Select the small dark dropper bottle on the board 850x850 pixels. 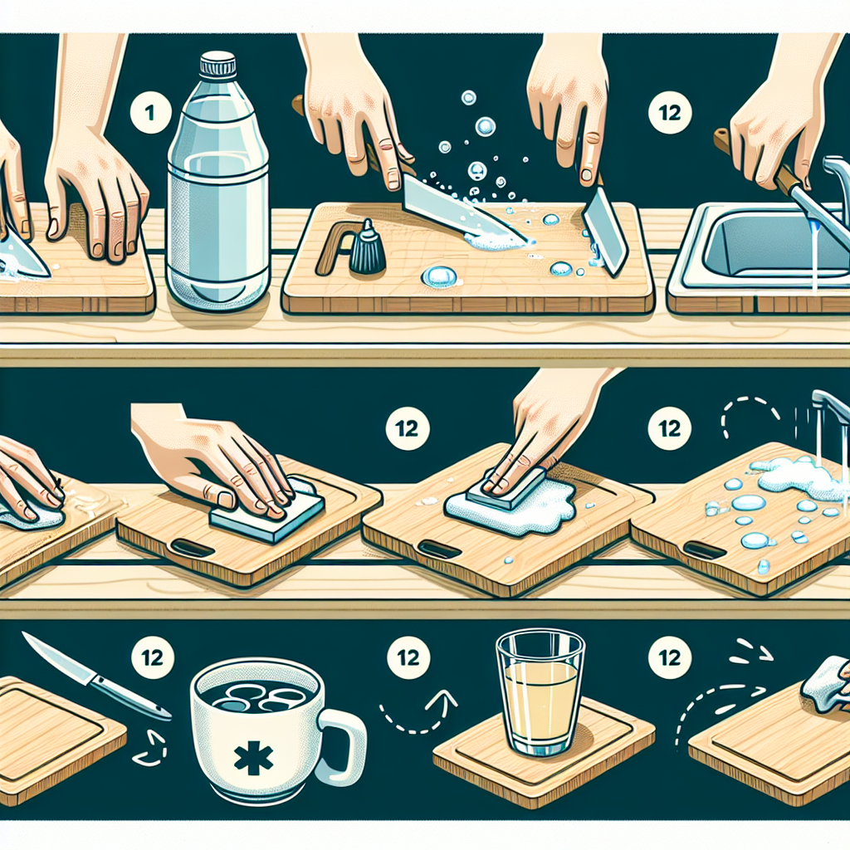(x=367, y=248)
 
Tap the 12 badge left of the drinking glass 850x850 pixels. (x=408, y=658)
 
